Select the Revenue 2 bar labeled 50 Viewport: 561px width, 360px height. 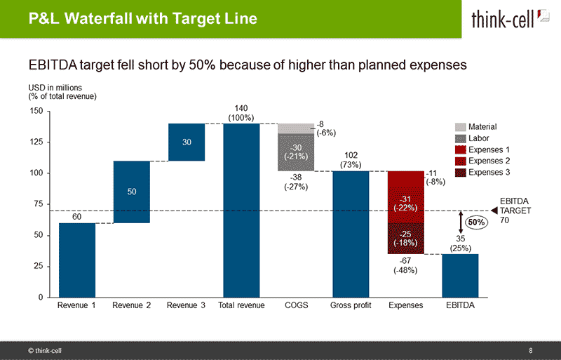coord(132,192)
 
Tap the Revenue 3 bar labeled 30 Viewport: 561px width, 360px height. coord(187,142)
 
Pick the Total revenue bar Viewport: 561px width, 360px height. coord(241,210)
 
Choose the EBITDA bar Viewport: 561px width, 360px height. coord(460,275)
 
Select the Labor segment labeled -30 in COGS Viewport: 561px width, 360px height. coord(296,152)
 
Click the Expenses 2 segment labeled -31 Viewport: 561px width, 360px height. coord(405,203)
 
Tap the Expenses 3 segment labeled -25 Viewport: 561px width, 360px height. coord(405,238)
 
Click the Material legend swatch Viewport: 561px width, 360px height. coord(460,127)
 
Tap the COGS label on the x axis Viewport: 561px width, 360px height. coord(296,306)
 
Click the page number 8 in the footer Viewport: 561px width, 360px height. coord(531,349)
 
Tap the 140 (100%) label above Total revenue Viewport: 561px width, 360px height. coord(241,112)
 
